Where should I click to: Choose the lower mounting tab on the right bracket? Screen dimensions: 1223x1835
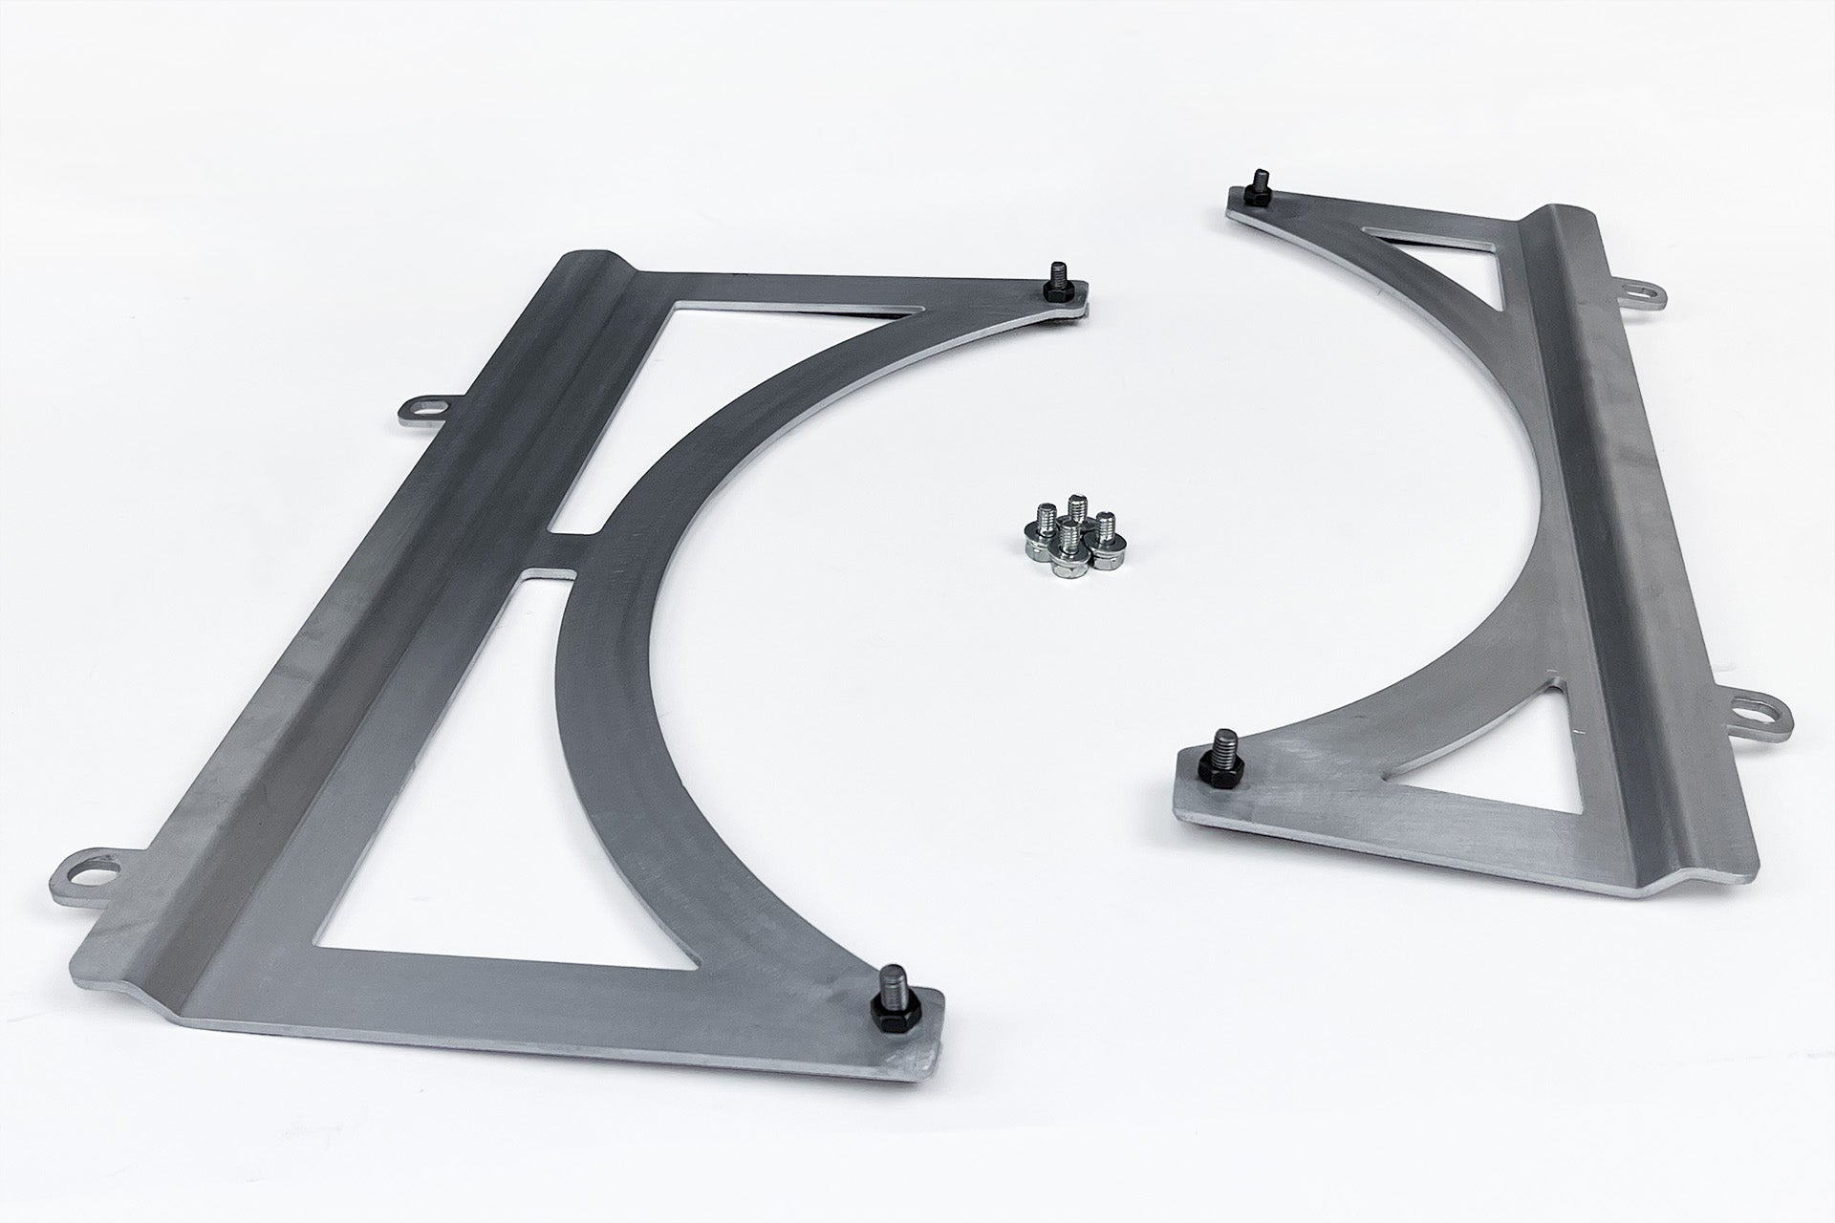pyautogui.click(x=1759, y=709)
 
